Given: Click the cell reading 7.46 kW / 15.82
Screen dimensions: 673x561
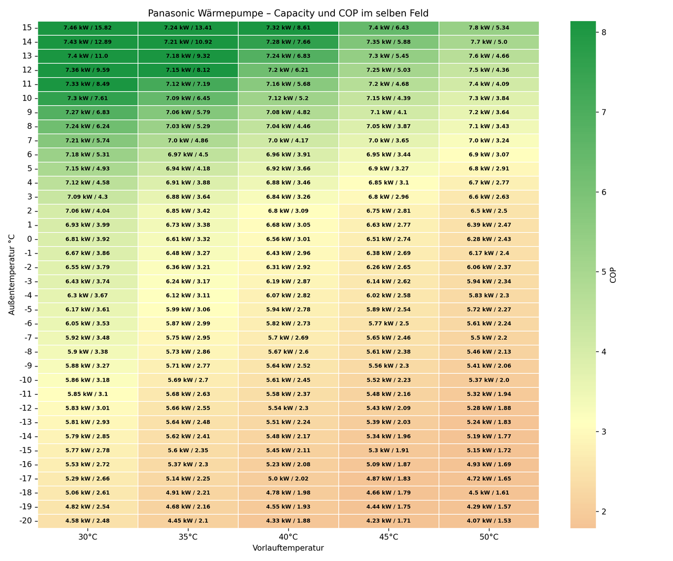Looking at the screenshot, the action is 88,28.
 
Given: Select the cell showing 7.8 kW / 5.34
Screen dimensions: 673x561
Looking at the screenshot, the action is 488,28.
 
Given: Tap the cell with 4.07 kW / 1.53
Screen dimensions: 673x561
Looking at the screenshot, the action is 488,521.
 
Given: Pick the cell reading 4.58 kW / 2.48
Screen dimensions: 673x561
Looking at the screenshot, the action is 88,521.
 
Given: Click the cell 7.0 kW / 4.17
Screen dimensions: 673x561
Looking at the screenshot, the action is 288,140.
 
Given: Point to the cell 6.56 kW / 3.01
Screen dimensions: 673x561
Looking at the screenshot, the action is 288,239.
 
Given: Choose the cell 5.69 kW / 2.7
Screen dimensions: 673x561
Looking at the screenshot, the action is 188,380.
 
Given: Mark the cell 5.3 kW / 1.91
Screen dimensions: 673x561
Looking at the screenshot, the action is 389,451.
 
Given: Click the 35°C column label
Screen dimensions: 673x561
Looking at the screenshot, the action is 188,537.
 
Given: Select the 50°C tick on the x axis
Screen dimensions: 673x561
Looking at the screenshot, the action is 488,537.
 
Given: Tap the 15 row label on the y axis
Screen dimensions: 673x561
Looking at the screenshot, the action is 27,28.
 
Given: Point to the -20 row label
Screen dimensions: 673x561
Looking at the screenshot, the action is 26,521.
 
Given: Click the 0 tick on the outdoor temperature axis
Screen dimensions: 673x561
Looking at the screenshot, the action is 29,239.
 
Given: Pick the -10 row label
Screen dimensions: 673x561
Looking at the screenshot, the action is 26,380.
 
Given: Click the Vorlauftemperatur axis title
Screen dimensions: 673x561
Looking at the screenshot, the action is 288,548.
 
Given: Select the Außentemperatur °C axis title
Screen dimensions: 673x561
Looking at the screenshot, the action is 12,274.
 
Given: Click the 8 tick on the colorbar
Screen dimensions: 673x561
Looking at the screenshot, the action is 604,32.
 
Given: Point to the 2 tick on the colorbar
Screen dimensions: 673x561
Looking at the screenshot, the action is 604,512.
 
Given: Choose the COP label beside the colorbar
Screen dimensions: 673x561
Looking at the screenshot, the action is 613,276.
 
